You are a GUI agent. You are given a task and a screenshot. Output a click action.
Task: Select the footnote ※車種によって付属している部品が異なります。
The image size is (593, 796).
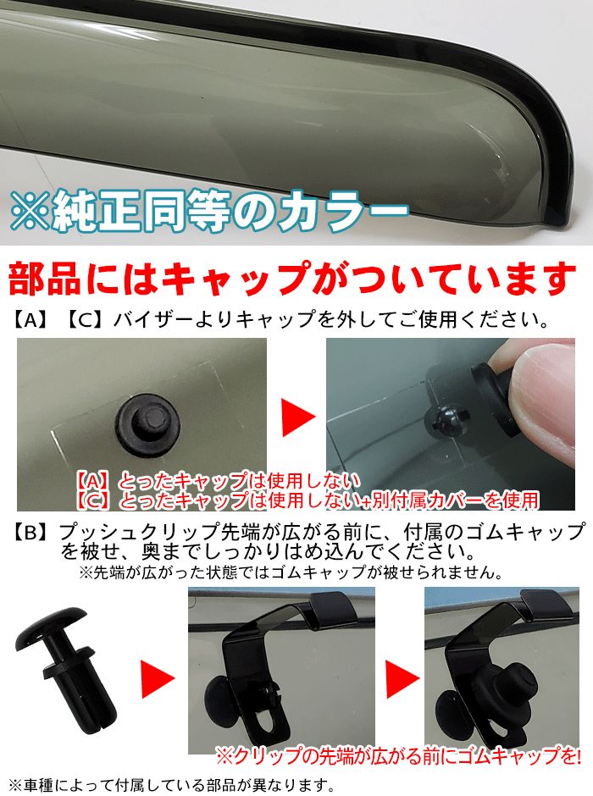pyautogui.click(x=169, y=783)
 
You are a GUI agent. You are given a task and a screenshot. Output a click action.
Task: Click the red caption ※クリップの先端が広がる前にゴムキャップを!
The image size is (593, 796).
pyautogui.click(x=398, y=752)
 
